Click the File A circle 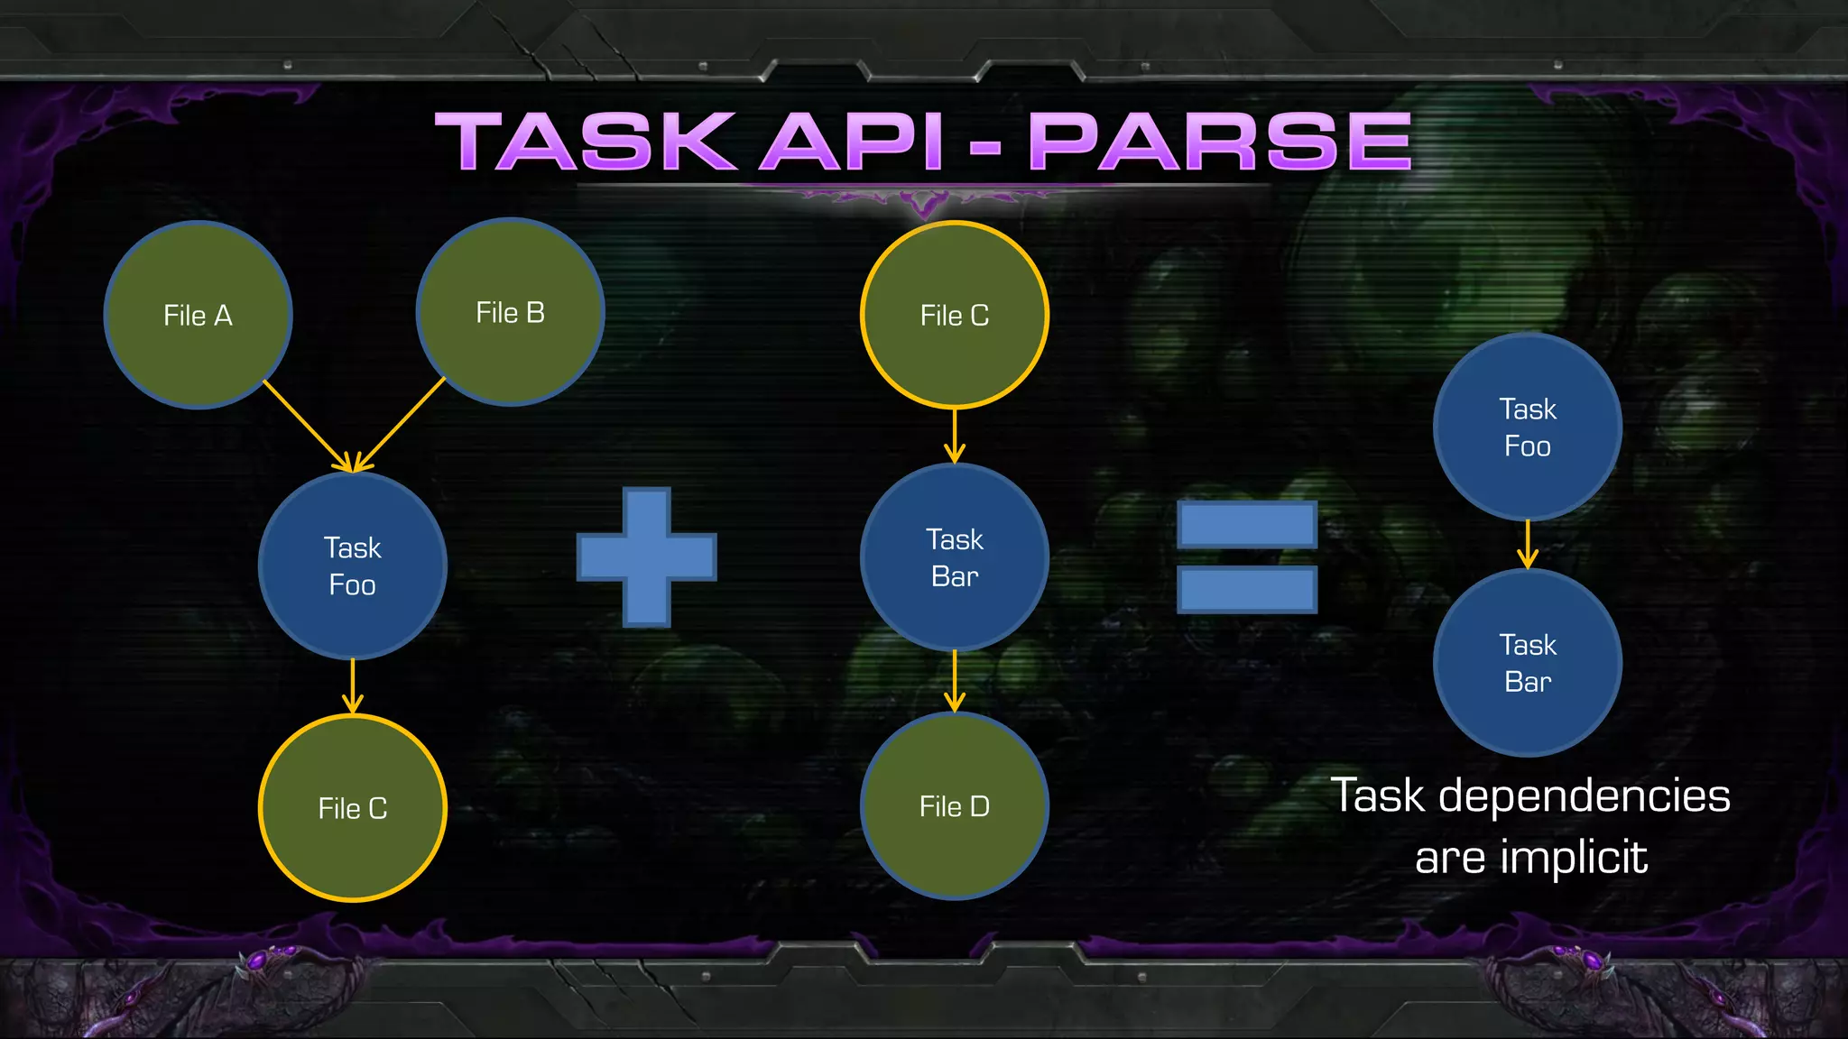tap(199, 315)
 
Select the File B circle tap(510, 312)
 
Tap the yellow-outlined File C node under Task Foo tap(353, 808)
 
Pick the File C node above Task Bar tap(955, 315)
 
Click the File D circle tap(955, 805)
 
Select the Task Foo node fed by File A tap(353, 565)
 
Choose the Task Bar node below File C tap(955, 557)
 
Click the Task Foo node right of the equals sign tap(1528, 427)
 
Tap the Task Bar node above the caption tap(1528, 663)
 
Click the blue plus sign tap(647, 557)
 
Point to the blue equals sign tap(1247, 557)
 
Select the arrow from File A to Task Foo tap(305, 425)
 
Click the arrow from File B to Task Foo tap(401, 424)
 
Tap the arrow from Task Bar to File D tap(955, 681)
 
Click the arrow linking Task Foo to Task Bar tap(1528, 544)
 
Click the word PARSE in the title tap(1220, 142)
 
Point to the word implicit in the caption tap(1575, 857)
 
